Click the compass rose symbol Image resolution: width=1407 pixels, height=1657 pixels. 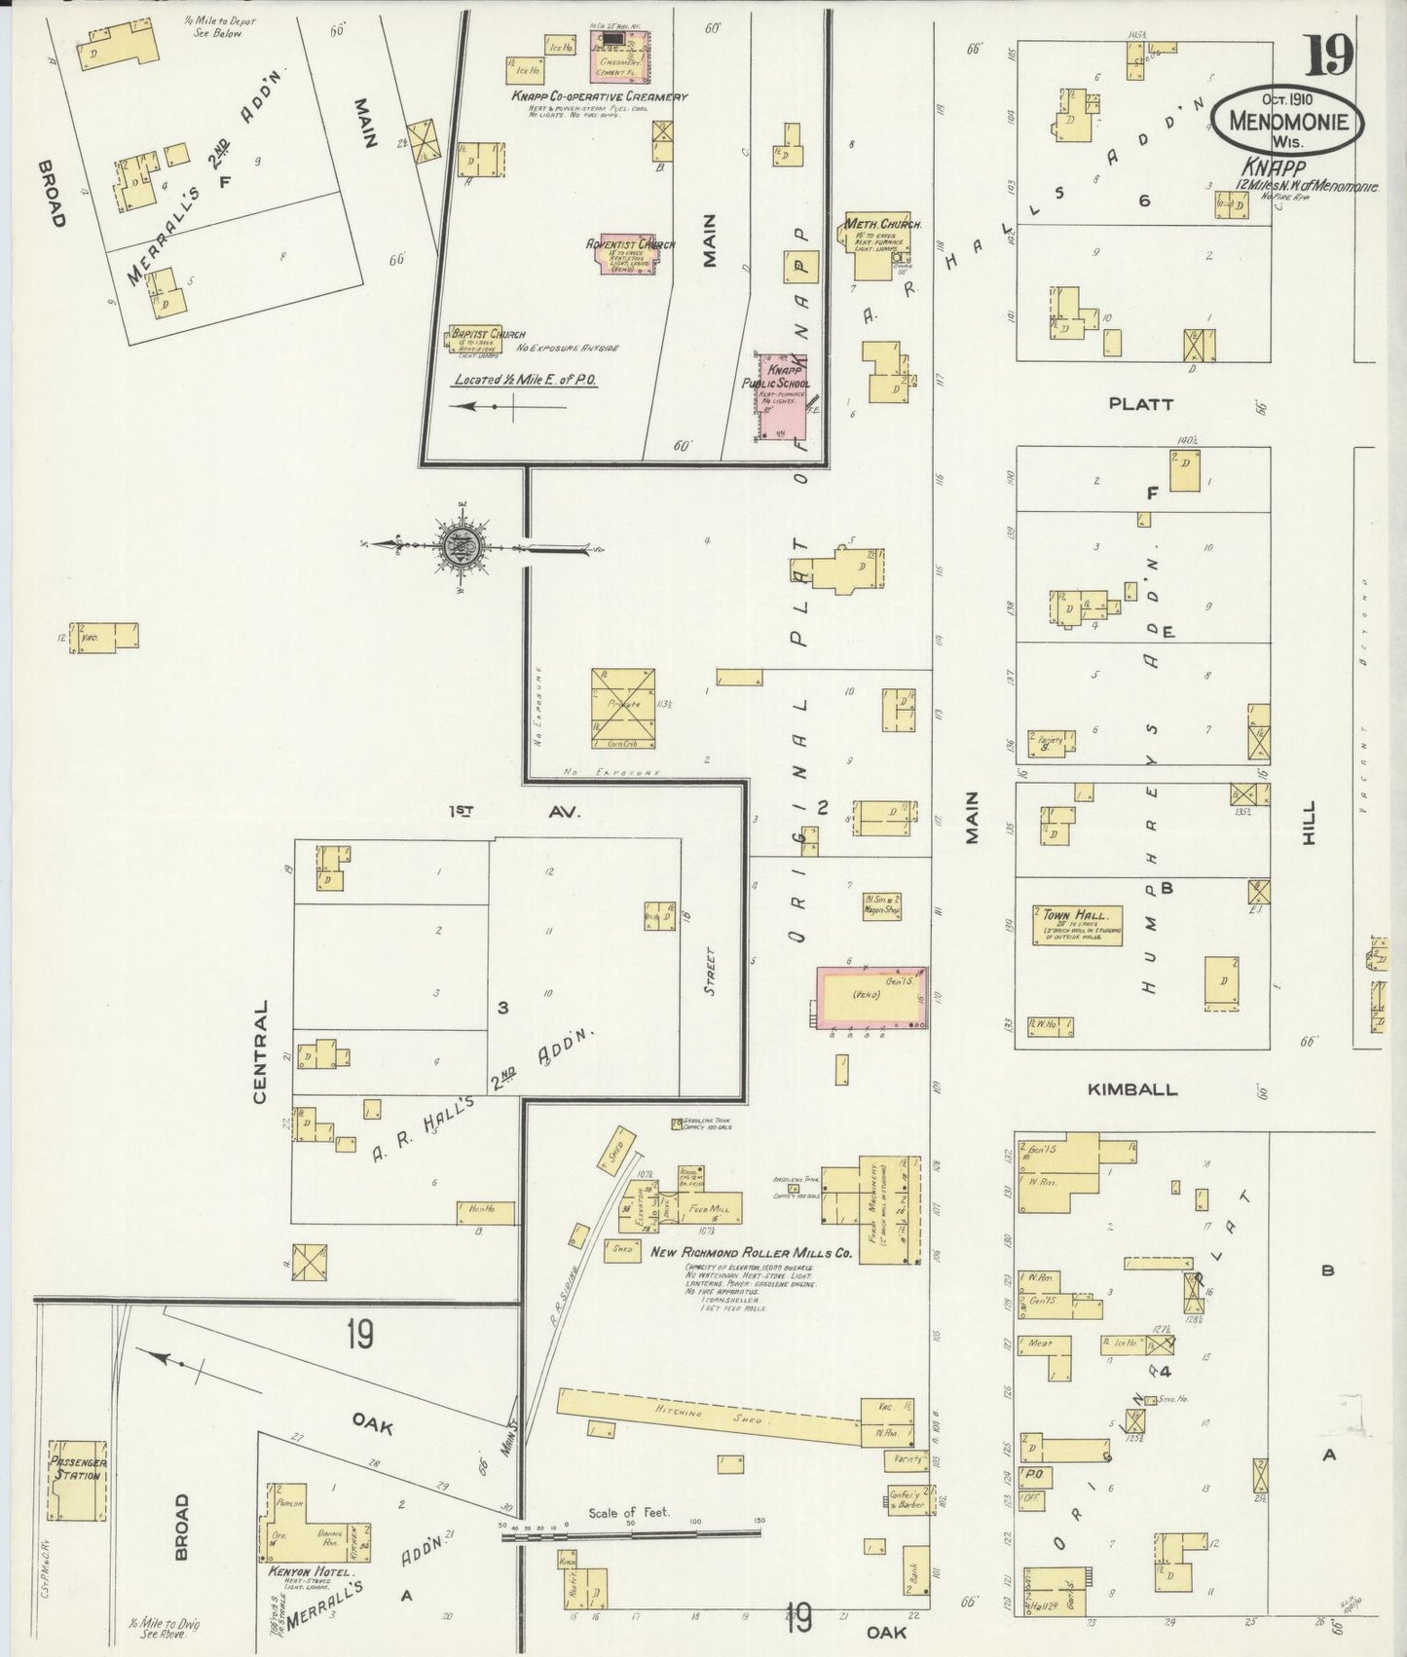459,548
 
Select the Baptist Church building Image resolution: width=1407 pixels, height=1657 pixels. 474,339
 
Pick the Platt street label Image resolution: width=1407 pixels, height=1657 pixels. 1140,403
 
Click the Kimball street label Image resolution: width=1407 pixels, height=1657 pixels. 1131,1090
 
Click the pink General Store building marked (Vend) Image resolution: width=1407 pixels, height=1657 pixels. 870,998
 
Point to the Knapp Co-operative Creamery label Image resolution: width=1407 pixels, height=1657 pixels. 599,97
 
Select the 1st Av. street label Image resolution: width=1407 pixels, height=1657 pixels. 514,811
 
